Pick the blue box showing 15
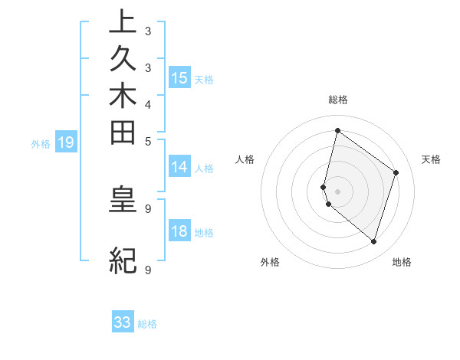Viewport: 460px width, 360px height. click(179, 77)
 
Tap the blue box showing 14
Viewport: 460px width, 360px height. click(179, 167)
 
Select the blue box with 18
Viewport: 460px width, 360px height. click(179, 231)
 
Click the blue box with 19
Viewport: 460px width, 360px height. click(66, 142)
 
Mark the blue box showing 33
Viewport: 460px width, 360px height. click(123, 322)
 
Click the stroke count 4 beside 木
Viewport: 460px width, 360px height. click(148, 104)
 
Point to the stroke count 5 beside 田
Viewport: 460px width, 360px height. click(148, 140)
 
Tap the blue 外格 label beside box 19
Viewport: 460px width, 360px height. click(41, 143)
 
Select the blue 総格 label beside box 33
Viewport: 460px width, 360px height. click(147, 324)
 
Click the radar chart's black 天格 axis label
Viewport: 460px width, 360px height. click(431, 159)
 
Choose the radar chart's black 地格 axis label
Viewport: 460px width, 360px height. click(402, 263)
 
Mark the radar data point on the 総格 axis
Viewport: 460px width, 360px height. click(337, 130)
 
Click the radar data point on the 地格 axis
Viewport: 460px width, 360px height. click(373, 241)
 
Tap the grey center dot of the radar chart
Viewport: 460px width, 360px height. click(337, 191)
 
